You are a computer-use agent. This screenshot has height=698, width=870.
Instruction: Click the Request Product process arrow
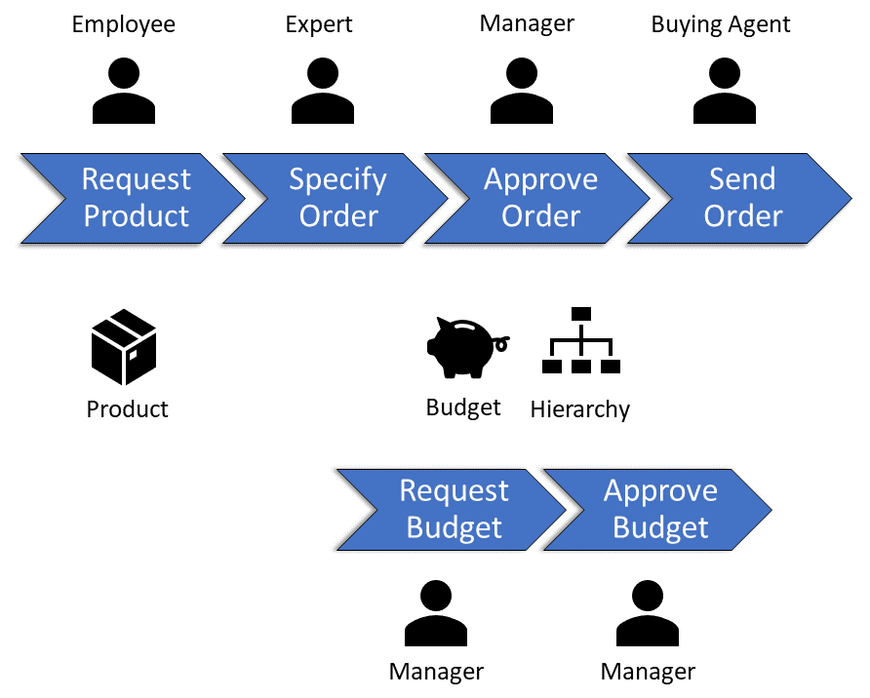click(x=136, y=198)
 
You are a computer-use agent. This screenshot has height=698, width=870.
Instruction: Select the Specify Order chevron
click(x=337, y=198)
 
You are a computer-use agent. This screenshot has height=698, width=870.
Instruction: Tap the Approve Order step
click(x=540, y=198)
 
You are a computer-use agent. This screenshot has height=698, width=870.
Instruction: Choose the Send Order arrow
click(x=742, y=198)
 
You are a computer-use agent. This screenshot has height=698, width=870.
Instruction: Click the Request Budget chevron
click(x=454, y=509)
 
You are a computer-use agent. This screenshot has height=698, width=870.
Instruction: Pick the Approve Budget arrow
click(x=660, y=509)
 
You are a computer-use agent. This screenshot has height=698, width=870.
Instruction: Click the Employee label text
click(x=124, y=24)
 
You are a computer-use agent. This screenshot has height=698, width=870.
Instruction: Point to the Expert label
click(x=319, y=24)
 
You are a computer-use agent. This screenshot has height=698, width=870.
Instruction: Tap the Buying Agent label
click(x=721, y=24)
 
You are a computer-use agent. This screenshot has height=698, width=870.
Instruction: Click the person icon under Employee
click(x=124, y=90)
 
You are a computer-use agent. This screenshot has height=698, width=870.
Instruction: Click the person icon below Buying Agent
click(x=724, y=90)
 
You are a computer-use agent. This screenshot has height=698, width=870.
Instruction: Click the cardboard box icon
click(x=124, y=347)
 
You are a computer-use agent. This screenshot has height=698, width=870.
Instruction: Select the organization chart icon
click(x=581, y=341)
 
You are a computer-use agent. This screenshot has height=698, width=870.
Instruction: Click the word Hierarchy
click(x=580, y=409)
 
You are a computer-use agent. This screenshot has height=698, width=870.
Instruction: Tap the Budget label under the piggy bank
click(x=463, y=407)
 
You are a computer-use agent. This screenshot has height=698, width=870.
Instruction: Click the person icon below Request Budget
click(x=436, y=614)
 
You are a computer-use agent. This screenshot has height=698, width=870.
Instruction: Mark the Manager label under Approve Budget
click(x=648, y=672)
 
